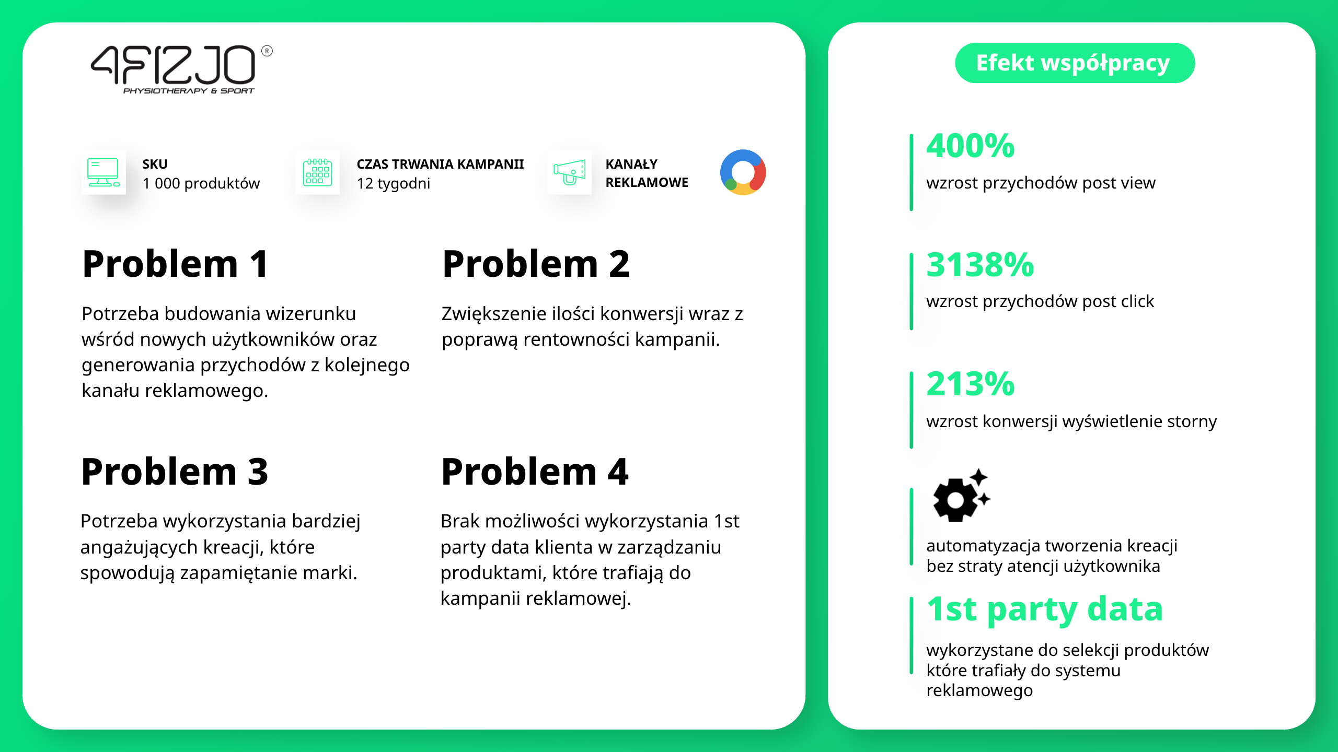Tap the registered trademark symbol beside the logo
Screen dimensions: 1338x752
(267, 51)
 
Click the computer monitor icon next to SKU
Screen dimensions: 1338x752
(103, 172)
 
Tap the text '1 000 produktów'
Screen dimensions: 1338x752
(201, 183)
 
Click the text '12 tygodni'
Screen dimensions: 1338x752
(394, 183)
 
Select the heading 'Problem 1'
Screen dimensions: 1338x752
(176, 264)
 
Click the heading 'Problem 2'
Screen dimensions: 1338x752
(536, 264)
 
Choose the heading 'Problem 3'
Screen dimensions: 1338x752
(175, 472)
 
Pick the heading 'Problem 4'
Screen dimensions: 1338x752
(535, 472)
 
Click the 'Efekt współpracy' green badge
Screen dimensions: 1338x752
(1075, 63)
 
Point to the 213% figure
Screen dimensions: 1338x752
(971, 384)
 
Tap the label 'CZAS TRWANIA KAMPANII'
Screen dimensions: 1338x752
(440, 164)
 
